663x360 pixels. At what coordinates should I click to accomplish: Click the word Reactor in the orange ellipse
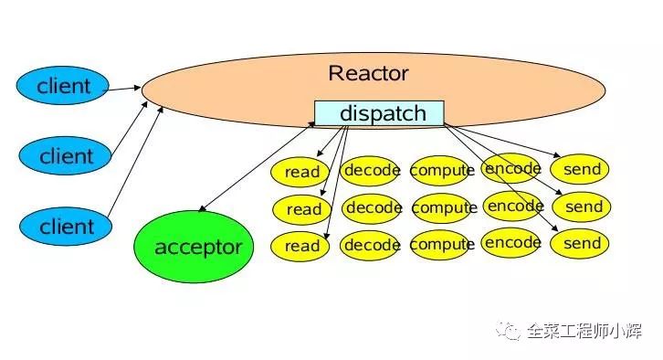(x=368, y=73)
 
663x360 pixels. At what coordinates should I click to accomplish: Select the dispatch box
(x=379, y=113)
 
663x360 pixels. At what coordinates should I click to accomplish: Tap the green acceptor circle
(x=198, y=247)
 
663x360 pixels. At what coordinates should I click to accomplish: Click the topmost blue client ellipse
(x=64, y=87)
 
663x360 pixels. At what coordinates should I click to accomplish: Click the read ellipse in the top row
(x=302, y=172)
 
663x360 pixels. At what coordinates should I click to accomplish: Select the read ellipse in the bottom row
(x=302, y=246)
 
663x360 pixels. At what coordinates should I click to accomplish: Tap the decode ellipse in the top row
(x=372, y=170)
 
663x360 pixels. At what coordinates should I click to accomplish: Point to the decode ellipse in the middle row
(x=374, y=207)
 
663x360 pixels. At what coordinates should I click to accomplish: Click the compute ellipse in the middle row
(x=444, y=207)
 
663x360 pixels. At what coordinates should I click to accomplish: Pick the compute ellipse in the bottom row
(x=442, y=245)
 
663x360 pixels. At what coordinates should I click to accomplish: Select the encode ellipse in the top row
(x=512, y=168)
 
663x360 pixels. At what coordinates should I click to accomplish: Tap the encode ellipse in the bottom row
(x=512, y=243)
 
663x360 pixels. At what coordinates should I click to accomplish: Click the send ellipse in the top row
(x=582, y=169)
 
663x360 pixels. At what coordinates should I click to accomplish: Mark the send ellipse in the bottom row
(x=582, y=244)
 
